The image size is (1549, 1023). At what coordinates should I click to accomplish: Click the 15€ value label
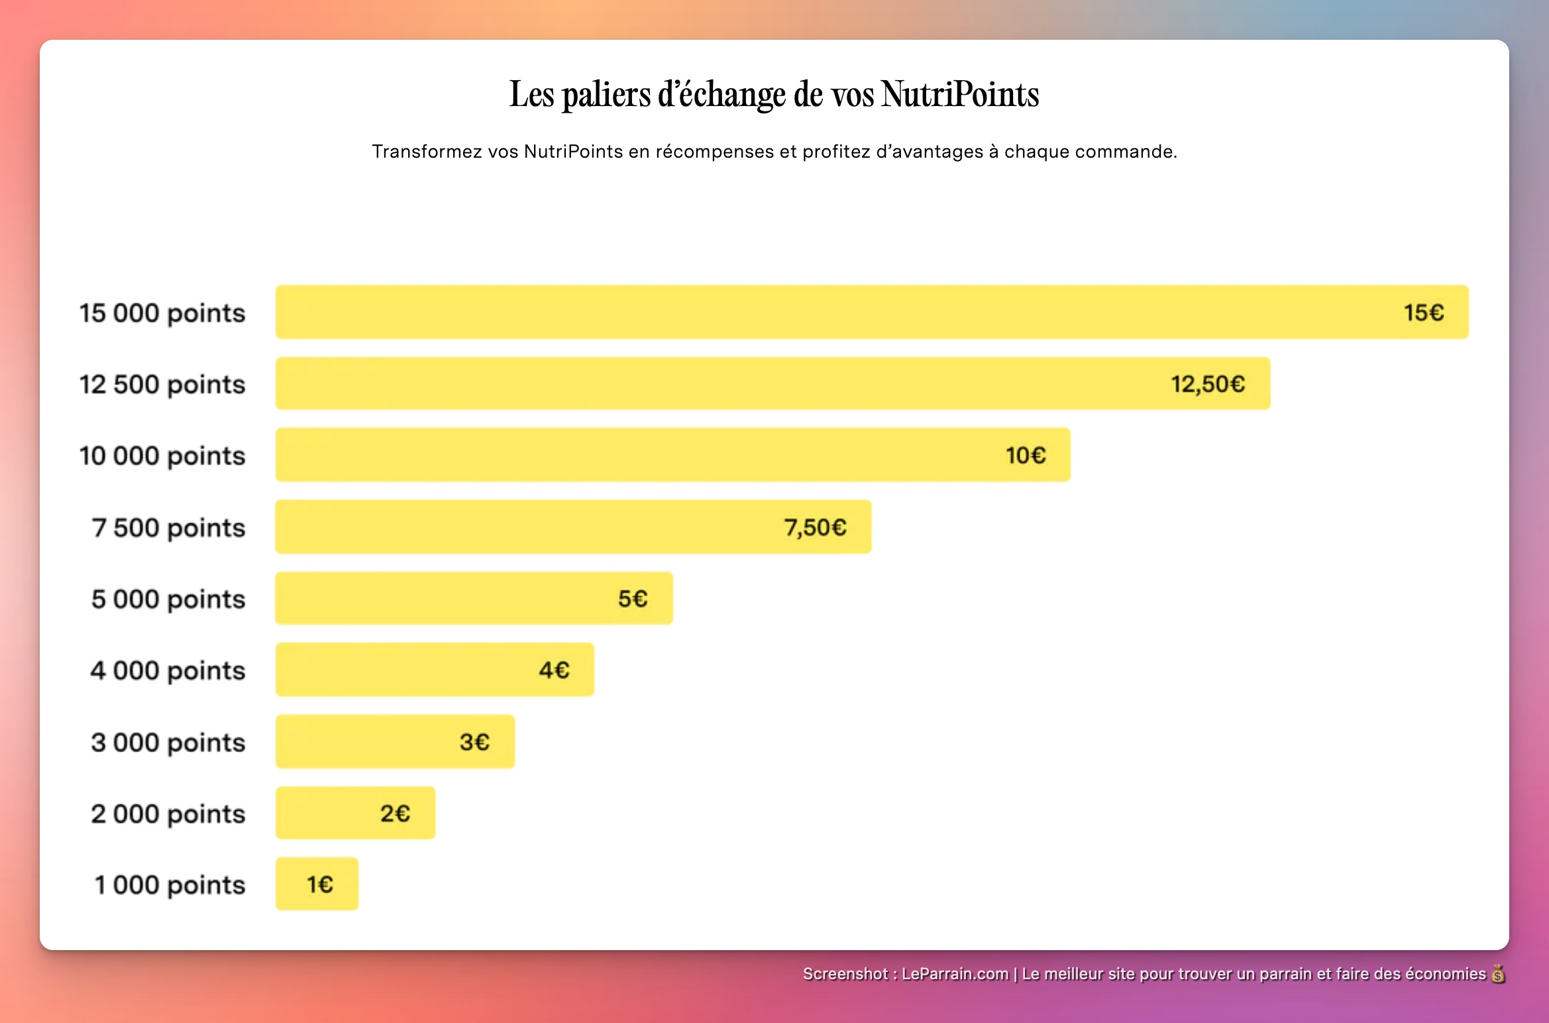tap(1423, 313)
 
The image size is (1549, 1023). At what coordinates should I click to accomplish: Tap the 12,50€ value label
tap(1208, 384)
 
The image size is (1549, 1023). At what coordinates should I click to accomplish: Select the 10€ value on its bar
tap(1025, 456)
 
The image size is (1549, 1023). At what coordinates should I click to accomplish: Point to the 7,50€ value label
tap(815, 528)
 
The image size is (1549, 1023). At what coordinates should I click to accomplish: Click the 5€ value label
tap(632, 599)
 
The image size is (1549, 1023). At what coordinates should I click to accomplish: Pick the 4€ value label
tap(554, 671)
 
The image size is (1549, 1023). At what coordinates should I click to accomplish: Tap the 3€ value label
tap(474, 742)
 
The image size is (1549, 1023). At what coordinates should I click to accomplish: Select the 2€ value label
tap(395, 814)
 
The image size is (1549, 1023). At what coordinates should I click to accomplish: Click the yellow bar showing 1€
tap(317, 885)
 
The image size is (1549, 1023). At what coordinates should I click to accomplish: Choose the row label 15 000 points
tap(162, 313)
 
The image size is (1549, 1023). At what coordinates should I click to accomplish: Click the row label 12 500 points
tap(162, 385)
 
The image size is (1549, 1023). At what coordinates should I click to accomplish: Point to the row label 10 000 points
tap(162, 457)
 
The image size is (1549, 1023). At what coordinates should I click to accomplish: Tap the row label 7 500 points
tap(168, 528)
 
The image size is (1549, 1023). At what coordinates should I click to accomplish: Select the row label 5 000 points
tap(168, 600)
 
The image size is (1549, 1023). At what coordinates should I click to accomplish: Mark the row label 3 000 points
tap(168, 743)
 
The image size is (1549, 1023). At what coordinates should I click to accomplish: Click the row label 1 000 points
tap(170, 885)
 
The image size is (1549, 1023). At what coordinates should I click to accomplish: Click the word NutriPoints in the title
tap(959, 94)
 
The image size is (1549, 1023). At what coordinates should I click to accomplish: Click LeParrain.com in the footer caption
tap(955, 974)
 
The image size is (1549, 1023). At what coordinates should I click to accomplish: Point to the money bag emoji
tap(1497, 974)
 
